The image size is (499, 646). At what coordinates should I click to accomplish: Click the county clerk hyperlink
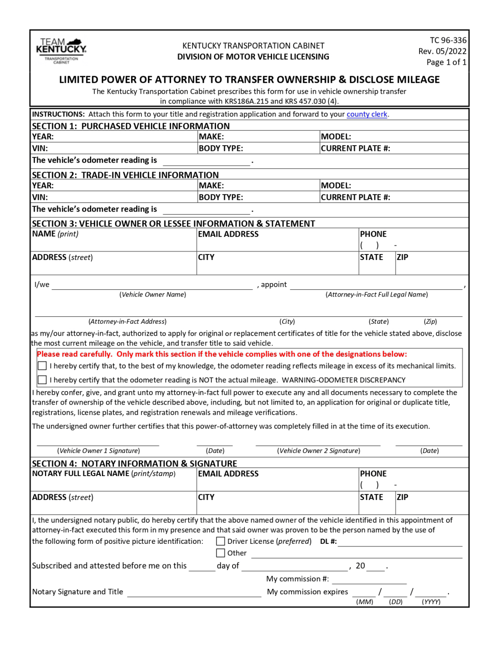click(x=367, y=114)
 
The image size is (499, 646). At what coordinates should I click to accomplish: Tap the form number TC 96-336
click(x=448, y=40)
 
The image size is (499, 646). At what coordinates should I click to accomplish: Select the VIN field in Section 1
click(x=122, y=148)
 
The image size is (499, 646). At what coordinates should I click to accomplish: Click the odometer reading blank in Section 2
click(x=206, y=209)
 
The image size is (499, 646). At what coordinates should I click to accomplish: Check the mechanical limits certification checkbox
click(x=42, y=366)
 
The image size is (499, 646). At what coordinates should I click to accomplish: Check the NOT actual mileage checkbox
click(x=42, y=380)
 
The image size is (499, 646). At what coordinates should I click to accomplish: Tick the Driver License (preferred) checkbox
click(x=220, y=541)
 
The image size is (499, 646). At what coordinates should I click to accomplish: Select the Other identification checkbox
click(x=220, y=553)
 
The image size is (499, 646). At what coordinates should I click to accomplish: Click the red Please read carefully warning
click(x=222, y=355)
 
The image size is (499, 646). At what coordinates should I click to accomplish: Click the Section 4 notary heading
click(x=135, y=463)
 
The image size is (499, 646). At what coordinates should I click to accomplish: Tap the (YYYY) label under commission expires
click(x=431, y=602)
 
